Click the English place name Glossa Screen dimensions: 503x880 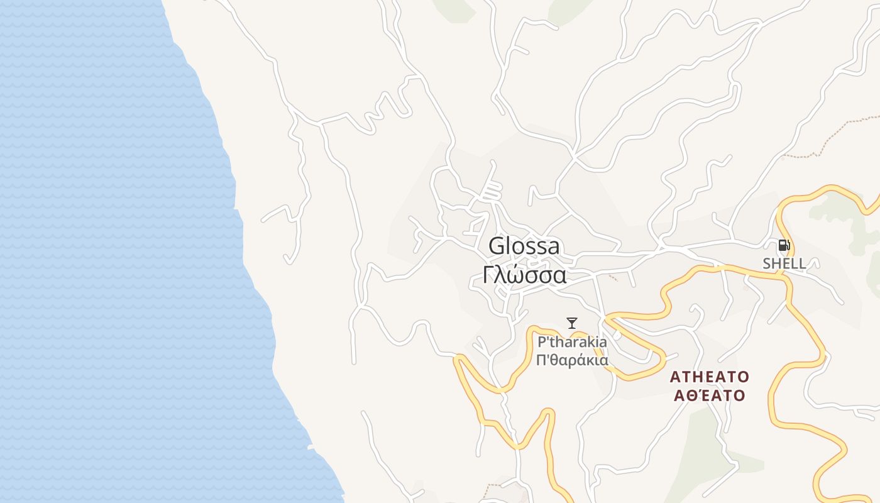point(524,246)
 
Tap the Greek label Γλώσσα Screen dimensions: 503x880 point(525,275)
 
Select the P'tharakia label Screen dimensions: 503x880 point(572,342)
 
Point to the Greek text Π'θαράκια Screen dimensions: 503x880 point(572,360)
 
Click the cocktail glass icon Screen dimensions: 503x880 point(571,323)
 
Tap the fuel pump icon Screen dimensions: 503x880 point(784,245)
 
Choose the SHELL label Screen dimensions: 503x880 point(784,263)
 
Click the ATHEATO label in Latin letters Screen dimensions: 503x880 point(709,377)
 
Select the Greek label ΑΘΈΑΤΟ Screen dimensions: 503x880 point(709,395)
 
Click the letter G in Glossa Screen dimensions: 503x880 point(497,246)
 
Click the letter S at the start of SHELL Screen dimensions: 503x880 point(767,263)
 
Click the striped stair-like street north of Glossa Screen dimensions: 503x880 point(492,190)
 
